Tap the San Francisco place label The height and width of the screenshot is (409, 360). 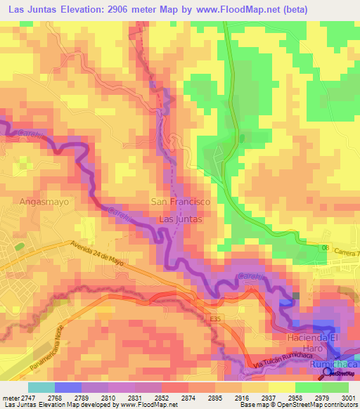click(181, 202)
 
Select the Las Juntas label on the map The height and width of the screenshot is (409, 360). click(181, 219)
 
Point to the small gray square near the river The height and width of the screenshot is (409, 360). click(295, 296)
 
